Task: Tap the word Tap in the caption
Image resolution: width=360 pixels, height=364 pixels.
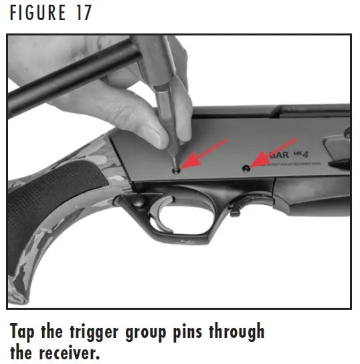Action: [x=26, y=332]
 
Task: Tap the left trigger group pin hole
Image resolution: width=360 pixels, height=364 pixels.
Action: [x=176, y=171]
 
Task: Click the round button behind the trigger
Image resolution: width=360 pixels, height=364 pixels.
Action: [x=134, y=201]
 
